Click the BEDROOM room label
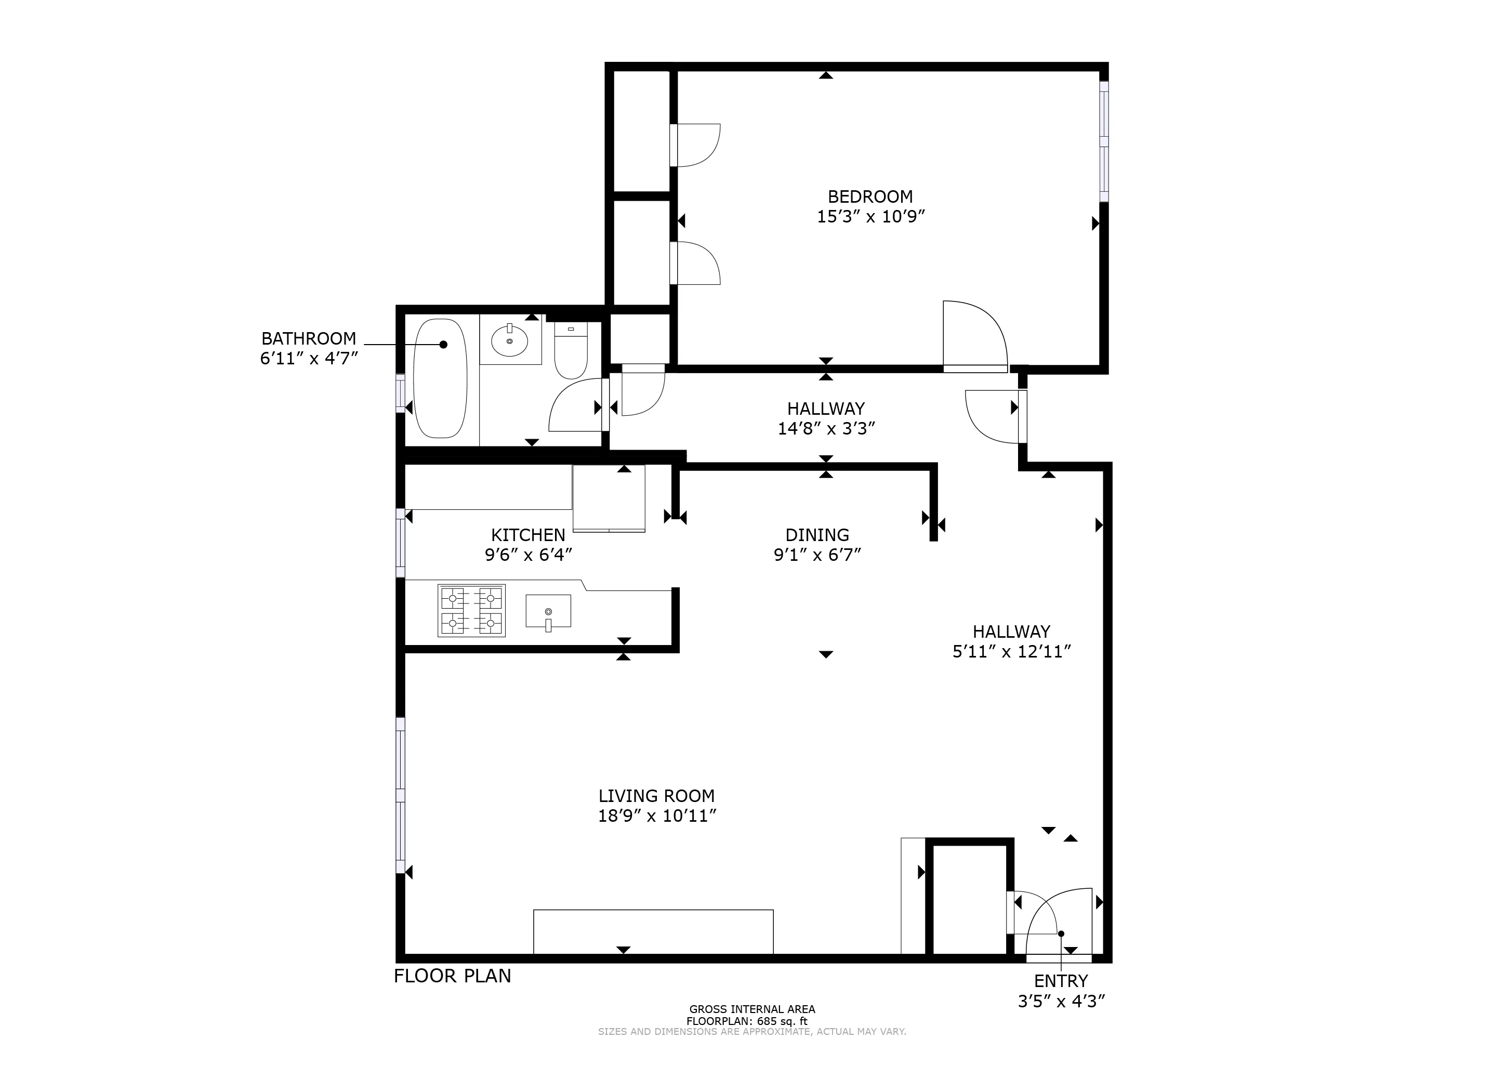coord(870,197)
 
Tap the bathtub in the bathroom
coord(441,378)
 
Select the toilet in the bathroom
coord(570,352)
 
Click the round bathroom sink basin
coord(509,341)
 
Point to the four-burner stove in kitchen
coord(471,611)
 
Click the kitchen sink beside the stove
coord(548,611)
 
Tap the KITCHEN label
coord(527,535)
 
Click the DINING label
coord(817,535)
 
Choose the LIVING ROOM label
coord(656,796)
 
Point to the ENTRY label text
coord(1061,981)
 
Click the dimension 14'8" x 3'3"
coord(826,429)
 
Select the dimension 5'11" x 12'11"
coord(1011,652)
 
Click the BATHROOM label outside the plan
coord(309,339)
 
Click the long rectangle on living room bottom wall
coord(653,931)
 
